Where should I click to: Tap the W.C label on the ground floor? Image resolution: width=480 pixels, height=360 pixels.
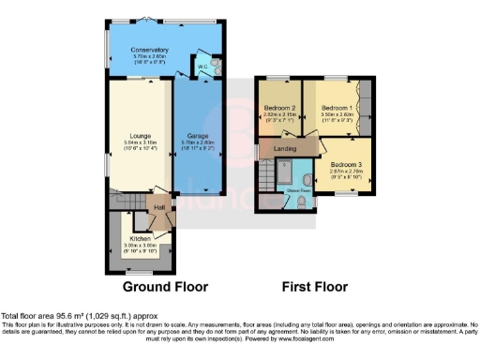click(x=202, y=67)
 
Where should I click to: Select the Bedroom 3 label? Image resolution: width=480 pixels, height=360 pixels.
click(x=346, y=164)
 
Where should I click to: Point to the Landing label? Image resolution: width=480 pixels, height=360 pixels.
click(x=285, y=148)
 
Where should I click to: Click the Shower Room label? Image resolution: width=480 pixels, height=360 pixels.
click(x=298, y=187)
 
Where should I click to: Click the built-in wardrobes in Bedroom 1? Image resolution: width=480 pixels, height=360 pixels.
click(x=368, y=108)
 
